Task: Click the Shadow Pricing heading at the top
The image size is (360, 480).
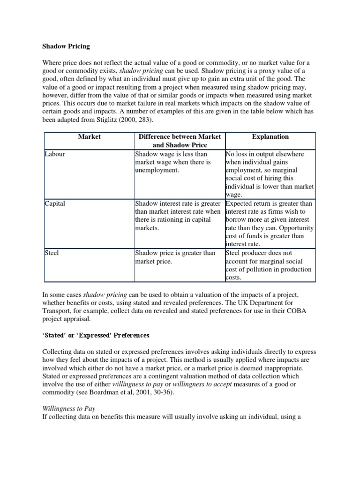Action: (66, 46)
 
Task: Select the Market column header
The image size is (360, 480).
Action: (89, 137)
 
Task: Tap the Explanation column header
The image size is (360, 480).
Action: (270, 137)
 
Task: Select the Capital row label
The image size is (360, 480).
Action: (55, 203)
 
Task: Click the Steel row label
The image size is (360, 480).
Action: (52, 253)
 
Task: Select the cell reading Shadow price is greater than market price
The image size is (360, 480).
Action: (175, 257)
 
